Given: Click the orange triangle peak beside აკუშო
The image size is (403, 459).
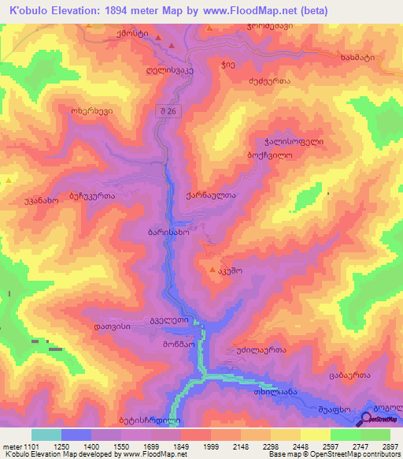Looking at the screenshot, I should click(x=212, y=271).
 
